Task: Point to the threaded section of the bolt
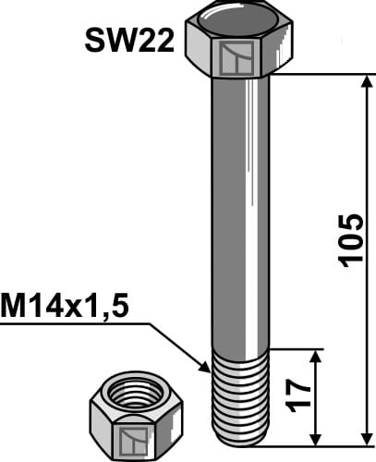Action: (240, 397)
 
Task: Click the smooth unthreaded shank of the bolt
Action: (240, 213)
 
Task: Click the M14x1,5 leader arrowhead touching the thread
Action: (207, 367)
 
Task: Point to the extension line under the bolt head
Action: (314, 74)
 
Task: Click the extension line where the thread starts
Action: (296, 349)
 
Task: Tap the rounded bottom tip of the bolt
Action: (240, 440)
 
